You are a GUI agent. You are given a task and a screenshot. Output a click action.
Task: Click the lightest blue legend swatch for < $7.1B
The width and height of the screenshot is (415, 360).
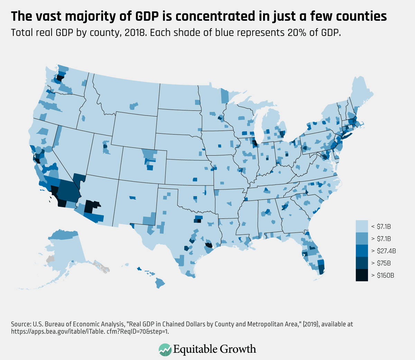tap(362, 227)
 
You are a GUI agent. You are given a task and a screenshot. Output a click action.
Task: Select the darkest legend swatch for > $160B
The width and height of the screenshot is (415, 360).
tap(362, 275)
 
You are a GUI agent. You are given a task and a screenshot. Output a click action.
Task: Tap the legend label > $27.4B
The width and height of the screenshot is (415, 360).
tap(383, 251)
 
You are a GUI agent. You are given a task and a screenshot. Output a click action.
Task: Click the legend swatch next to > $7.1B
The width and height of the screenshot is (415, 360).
tap(362, 239)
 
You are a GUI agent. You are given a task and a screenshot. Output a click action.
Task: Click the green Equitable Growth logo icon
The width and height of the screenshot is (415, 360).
tap(165, 349)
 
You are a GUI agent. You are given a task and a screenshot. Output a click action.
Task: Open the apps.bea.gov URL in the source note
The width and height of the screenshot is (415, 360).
tap(90, 331)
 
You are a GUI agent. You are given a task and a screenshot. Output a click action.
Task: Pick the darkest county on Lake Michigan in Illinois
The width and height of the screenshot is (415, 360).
tap(255, 143)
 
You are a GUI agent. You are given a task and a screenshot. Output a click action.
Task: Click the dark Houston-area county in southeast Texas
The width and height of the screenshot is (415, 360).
tap(209, 245)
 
